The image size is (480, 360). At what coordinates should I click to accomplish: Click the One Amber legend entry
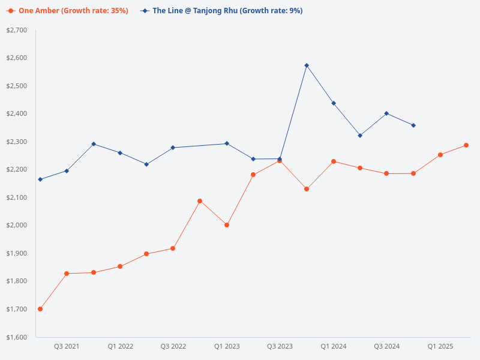(x=67, y=11)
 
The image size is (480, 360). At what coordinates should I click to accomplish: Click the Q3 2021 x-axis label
(x=67, y=347)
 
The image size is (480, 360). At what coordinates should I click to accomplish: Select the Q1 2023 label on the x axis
(x=227, y=347)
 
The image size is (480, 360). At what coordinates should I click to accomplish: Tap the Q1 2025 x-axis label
(x=440, y=347)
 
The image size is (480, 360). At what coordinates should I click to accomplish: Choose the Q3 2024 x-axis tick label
(x=387, y=347)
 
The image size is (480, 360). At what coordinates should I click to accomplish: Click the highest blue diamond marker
(x=307, y=65)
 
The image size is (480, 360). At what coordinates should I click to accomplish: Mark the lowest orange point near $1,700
(x=40, y=309)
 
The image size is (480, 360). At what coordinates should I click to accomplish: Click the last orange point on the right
(x=466, y=145)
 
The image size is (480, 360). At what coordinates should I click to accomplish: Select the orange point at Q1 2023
(x=227, y=225)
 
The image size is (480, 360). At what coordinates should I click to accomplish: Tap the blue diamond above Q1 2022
(x=120, y=153)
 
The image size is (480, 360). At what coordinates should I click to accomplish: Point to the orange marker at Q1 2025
(x=440, y=155)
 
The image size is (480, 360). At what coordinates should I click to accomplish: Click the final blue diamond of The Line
(x=413, y=125)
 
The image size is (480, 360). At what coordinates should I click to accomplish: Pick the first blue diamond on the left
(x=40, y=179)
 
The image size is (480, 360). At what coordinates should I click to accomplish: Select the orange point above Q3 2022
(x=173, y=248)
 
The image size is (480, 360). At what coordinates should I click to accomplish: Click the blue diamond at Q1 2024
(x=334, y=103)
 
